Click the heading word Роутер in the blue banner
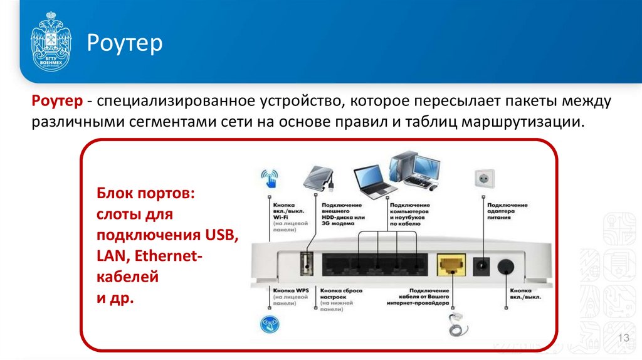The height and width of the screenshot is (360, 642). [x=124, y=43]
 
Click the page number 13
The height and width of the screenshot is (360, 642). [x=623, y=339]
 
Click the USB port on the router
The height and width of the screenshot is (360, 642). [x=305, y=263]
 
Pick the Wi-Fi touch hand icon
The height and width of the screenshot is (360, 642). [x=270, y=177]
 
